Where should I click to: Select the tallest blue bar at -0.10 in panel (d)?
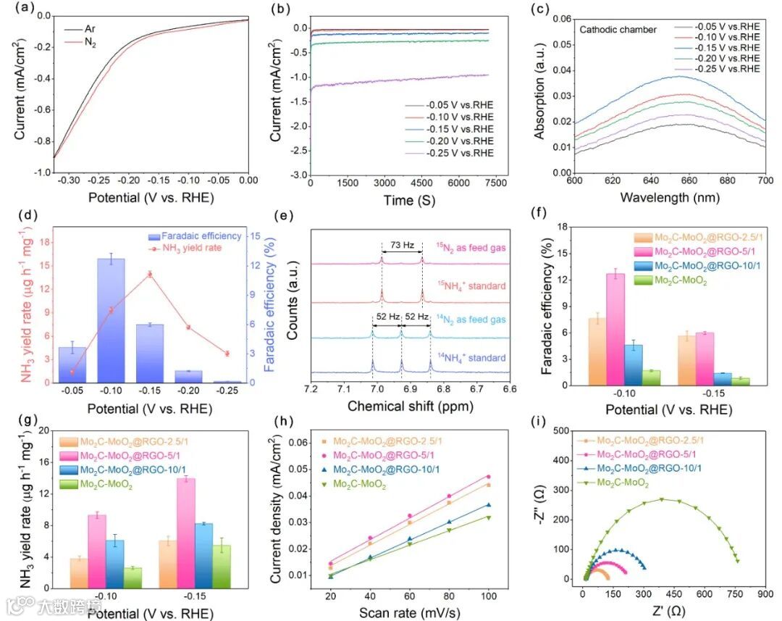[112, 320]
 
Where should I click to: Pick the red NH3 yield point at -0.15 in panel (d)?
[150, 274]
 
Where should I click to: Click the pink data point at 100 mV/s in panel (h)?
[489, 476]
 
